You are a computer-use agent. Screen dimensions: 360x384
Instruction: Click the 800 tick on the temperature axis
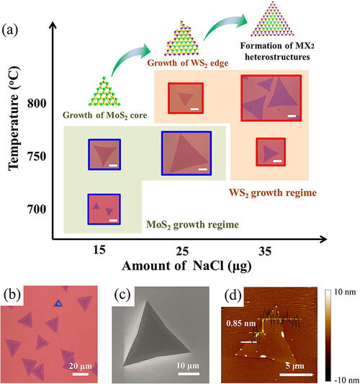(x=37, y=103)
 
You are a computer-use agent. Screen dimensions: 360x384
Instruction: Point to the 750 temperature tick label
(x=37, y=156)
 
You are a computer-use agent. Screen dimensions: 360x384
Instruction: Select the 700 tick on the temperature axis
(x=37, y=210)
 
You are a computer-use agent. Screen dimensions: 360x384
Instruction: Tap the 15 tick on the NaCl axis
(x=99, y=250)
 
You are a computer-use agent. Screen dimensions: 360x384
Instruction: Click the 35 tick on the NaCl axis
(x=265, y=251)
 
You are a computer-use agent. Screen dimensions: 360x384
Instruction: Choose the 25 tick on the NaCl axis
(x=182, y=251)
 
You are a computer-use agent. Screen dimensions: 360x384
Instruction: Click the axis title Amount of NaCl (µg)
(x=186, y=266)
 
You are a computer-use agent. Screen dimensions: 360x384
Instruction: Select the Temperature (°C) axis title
(x=14, y=118)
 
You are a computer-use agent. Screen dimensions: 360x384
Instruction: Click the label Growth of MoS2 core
(x=105, y=115)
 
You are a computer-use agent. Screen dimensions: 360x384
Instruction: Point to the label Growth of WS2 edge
(x=188, y=63)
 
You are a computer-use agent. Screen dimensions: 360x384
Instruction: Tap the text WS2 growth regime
(x=273, y=193)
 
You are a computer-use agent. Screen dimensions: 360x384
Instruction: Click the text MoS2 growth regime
(x=193, y=225)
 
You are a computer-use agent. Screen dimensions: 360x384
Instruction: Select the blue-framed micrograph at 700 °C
(x=104, y=209)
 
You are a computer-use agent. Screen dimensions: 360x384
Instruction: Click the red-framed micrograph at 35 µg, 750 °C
(x=271, y=152)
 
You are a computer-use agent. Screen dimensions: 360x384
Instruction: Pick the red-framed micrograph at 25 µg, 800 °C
(x=186, y=98)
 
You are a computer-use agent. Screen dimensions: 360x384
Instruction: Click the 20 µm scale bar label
(x=81, y=366)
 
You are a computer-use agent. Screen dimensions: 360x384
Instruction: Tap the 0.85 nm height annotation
(x=240, y=323)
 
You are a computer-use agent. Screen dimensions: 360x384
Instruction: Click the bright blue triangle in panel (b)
(x=58, y=303)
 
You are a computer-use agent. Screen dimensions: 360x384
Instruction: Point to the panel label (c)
(x=122, y=295)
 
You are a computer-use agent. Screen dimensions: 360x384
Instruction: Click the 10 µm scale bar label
(x=188, y=366)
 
